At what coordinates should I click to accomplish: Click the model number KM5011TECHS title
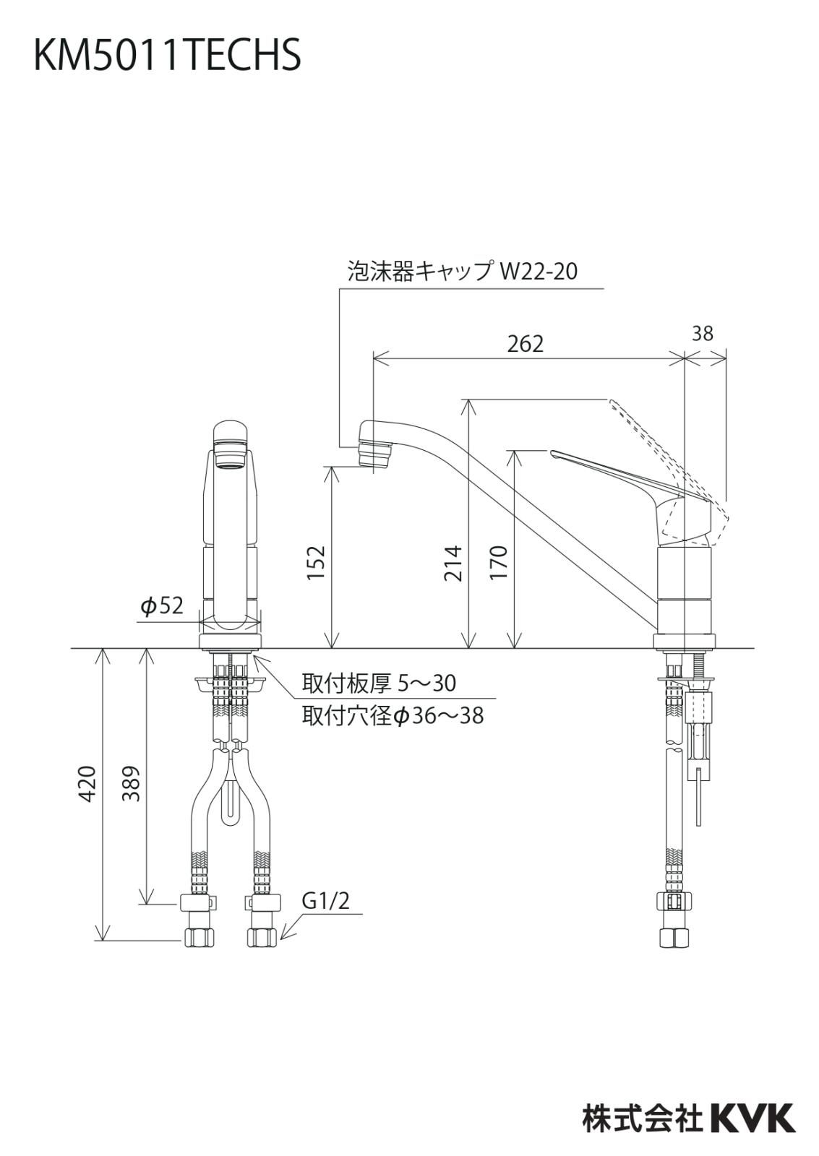coord(167,56)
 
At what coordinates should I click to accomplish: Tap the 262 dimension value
coord(525,344)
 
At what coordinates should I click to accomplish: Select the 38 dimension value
coord(702,333)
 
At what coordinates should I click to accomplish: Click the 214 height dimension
coord(453,563)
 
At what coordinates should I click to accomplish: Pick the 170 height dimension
coord(499,563)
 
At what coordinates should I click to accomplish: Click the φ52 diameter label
coord(163,605)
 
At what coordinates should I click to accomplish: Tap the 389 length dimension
coord(132,783)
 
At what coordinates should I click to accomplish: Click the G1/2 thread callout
coord(325,900)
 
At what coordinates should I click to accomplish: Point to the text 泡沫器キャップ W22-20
coord(463,272)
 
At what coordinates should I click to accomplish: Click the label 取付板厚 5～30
coord(379,682)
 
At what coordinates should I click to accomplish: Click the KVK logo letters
coord(752,1118)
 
